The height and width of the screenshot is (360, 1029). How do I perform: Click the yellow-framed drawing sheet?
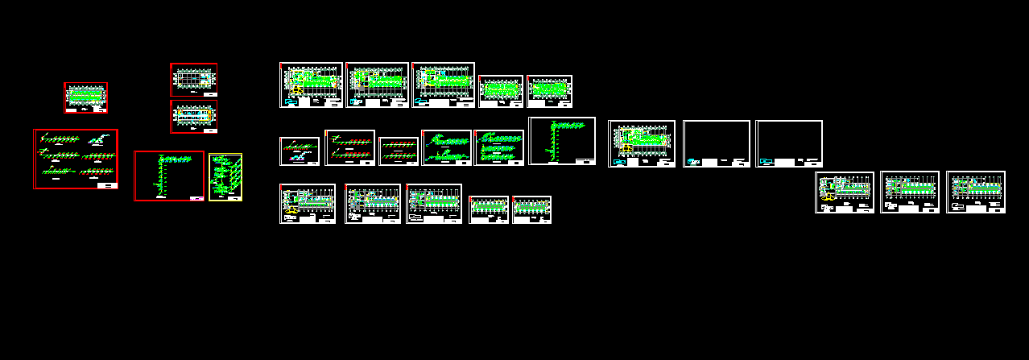[x=225, y=177]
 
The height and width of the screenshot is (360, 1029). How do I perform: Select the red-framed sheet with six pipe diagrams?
[x=76, y=159]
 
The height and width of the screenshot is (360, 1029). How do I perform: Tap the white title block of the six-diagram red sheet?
[x=106, y=185]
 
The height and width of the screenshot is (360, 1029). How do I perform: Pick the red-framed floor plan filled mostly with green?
[x=85, y=97]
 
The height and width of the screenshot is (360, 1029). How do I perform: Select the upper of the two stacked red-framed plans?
[x=193, y=80]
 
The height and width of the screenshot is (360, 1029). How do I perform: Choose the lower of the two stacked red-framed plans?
[x=193, y=117]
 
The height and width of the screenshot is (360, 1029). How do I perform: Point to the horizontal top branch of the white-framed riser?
[x=568, y=125]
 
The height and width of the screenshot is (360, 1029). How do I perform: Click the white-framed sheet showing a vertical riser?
[x=562, y=142]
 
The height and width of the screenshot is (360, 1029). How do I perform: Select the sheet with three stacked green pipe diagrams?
[x=499, y=147]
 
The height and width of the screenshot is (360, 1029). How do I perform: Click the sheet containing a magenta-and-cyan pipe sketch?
[x=299, y=151]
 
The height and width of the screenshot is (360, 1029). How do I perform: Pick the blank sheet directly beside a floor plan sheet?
[x=716, y=143]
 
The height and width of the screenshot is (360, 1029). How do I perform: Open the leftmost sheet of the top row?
[x=311, y=85]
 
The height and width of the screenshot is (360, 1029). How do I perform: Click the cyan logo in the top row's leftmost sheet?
[x=291, y=102]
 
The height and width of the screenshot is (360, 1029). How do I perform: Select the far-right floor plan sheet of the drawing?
[x=975, y=192]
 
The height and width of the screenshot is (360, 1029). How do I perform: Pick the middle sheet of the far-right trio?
[x=909, y=192]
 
